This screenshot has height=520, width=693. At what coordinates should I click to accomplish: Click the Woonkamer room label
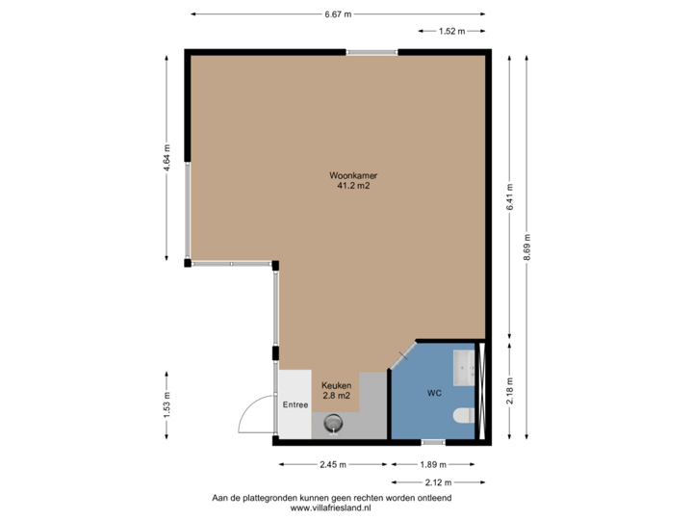[x=350, y=176]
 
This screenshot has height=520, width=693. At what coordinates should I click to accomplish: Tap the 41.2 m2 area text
[x=350, y=187]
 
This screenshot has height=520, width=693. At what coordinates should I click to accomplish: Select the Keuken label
[x=336, y=385]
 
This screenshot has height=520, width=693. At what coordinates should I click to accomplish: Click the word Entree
[x=295, y=404]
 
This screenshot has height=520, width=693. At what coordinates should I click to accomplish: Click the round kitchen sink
[x=334, y=421]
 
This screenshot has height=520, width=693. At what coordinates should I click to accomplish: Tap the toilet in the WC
[x=462, y=416]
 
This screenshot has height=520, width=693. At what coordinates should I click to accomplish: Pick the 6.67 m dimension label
[x=337, y=13]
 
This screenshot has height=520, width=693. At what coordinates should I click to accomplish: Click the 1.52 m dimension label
[x=451, y=31]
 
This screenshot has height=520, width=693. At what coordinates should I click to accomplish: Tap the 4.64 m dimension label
[x=167, y=157]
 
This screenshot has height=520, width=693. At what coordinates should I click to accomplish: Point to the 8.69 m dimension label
[x=527, y=246]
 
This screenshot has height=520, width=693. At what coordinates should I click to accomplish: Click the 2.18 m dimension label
[x=509, y=389]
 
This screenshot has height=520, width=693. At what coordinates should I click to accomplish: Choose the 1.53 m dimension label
[x=167, y=403]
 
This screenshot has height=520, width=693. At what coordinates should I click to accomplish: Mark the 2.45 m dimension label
[x=332, y=464]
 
